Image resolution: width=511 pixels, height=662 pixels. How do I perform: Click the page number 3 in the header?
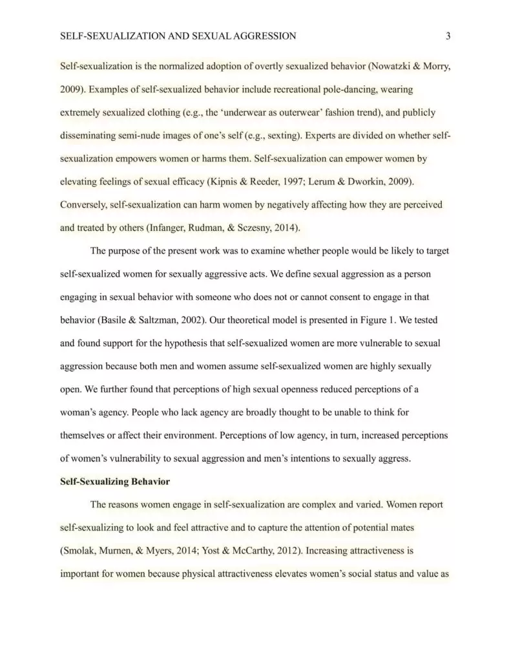click(x=448, y=36)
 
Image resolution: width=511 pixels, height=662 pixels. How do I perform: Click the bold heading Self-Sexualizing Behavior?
click(x=114, y=482)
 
